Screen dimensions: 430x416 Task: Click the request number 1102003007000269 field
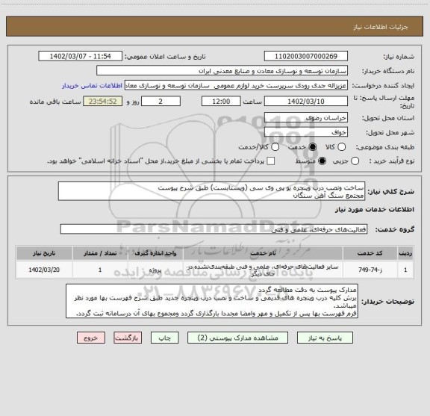(x=306, y=56)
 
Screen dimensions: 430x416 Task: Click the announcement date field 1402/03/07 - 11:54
(x=85, y=56)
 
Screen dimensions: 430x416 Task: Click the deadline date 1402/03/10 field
(x=306, y=101)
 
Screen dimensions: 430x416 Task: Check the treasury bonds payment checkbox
(x=270, y=161)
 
